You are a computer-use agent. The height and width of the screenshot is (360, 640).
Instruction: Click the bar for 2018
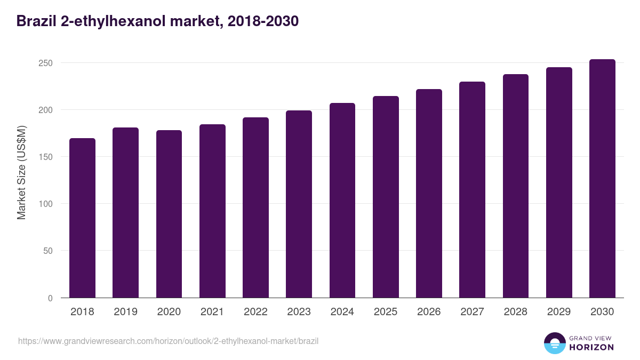(x=82, y=218)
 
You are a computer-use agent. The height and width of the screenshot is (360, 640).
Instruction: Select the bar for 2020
(x=169, y=214)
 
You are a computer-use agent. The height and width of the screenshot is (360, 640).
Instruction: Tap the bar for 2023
(x=299, y=204)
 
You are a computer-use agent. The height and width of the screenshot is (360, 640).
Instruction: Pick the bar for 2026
(x=429, y=194)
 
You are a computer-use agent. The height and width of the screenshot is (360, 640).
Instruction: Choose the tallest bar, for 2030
(x=602, y=179)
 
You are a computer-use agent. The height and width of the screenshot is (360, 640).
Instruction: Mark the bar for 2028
(x=515, y=186)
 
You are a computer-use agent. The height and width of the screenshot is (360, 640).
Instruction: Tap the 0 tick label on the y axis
(x=50, y=298)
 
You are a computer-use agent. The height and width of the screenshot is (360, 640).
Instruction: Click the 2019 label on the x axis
(x=125, y=312)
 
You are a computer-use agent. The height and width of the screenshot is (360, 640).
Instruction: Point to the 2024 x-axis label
(x=342, y=312)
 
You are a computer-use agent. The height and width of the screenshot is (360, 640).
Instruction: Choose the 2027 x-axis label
(x=472, y=312)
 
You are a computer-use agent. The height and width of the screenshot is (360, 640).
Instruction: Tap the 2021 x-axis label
(x=212, y=312)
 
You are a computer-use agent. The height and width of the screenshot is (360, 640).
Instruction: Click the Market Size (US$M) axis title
(x=21, y=173)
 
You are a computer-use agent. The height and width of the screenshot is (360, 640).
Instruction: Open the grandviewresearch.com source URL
(x=168, y=341)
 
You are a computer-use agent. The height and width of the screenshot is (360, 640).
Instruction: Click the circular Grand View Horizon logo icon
(x=554, y=343)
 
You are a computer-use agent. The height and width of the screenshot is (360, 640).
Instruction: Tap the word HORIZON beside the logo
(x=591, y=347)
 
